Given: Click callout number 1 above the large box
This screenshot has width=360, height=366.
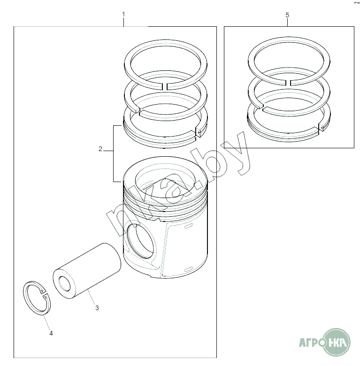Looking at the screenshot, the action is click(x=123, y=15).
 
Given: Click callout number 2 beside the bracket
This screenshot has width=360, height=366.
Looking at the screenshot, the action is click(x=100, y=149).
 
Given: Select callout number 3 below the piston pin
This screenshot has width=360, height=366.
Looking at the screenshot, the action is click(x=97, y=308).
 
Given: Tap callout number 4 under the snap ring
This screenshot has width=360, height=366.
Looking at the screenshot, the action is click(x=51, y=333).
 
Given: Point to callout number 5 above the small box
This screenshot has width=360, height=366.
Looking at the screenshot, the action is click(x=287, y=15).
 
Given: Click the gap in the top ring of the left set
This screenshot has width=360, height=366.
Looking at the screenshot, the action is click(x=165, y=86).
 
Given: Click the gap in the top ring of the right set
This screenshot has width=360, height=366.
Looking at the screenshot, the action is click(x=288, y=83).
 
